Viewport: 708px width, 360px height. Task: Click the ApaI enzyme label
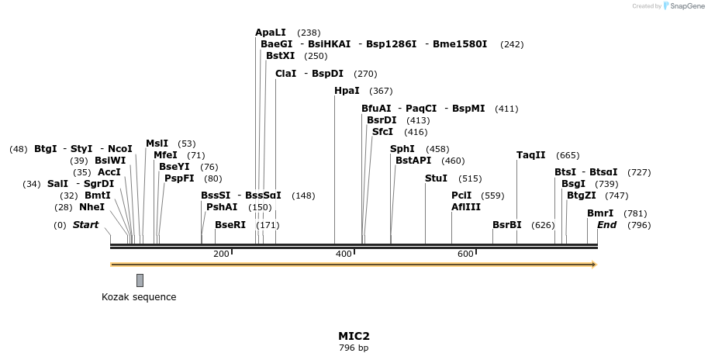click(271, 33)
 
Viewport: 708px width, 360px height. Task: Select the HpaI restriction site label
click(347, 91)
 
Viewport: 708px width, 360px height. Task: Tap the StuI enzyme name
click(436, 178)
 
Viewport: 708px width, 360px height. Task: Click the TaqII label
click(531, 155)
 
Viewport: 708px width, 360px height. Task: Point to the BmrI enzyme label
click(600, 213)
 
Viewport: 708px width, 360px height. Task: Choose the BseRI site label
click(230, 225)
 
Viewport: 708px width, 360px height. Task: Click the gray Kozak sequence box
click(140, 280)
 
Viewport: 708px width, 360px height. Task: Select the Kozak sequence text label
click(139, 297)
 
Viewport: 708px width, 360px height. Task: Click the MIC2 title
click(354, 336)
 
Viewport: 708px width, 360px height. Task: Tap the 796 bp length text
click(354, 348)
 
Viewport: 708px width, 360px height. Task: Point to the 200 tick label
click(220, 254)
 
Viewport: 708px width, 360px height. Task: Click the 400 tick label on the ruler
click(343, 254)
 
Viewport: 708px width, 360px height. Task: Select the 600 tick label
click(465, 254)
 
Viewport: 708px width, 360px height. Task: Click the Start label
click(85, 225)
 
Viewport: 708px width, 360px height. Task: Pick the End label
click(606, 225)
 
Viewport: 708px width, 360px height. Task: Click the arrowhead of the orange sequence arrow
click(593, 265)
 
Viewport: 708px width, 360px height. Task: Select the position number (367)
click(381, 91)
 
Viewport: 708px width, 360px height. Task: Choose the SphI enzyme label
click(402, 149)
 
